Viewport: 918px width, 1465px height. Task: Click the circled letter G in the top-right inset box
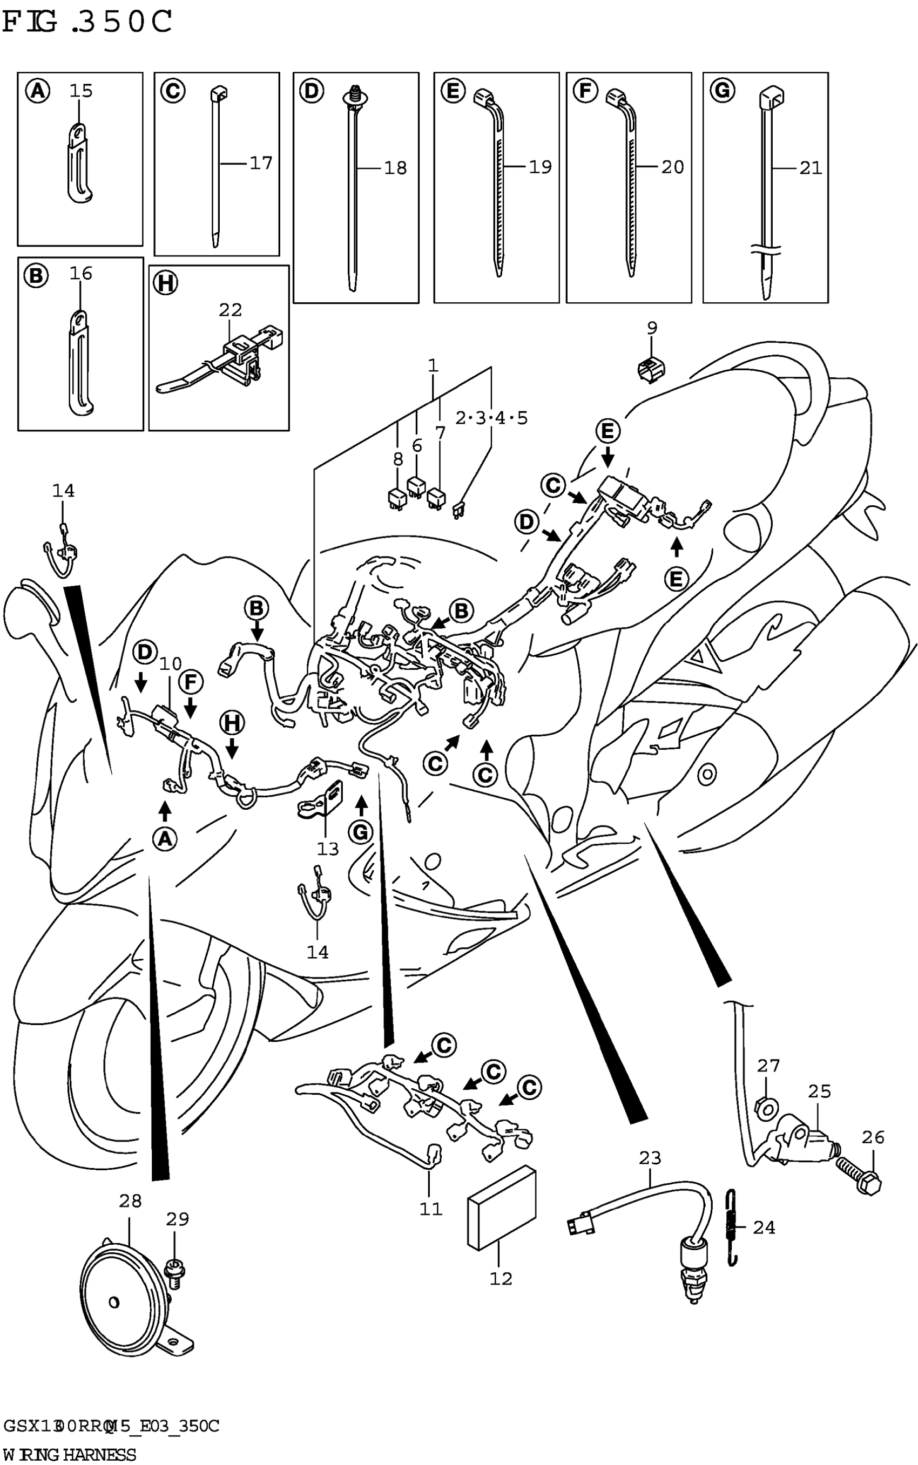pyautogui.click(x=723, y=91)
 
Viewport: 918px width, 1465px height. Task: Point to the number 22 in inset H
pyautogui.click(x=230, y=310)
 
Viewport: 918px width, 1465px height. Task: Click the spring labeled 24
pyautogui.click(x=733, y=1229)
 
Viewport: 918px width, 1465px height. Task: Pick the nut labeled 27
pyautogui.click(x=767, y=1108)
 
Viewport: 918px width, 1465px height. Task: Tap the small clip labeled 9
pyautogui.click(x=651, y=368)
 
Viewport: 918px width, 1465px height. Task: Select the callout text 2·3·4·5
pyautogui.click(x=491, y=418)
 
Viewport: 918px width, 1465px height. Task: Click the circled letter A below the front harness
pyautogui.click(x=165, y=839)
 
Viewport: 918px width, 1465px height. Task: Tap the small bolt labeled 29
pyautogui.click(x=175, y=1269)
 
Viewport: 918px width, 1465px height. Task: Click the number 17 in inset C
pyautogui.click(x=261, y=162)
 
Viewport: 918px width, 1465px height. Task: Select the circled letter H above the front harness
pyautogui.click(x=231, y=723)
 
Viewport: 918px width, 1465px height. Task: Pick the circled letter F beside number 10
pyautogui.click(x=191, y=682)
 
